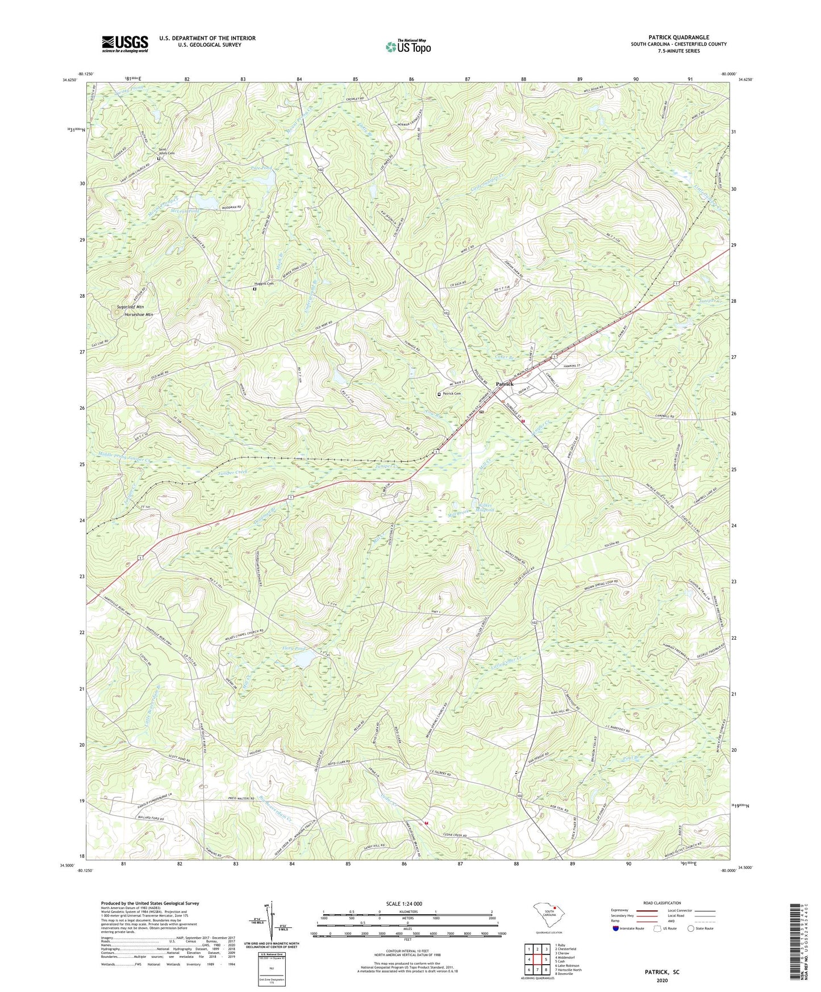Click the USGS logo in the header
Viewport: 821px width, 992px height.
(125, 44)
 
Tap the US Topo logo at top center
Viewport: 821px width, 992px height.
(407, 47)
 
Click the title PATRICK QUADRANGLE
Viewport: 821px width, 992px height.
(678, 37)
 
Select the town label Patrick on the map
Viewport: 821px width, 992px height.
(505, 384)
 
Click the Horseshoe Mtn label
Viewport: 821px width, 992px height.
(139, 314)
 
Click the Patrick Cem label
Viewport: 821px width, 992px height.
(452, 394)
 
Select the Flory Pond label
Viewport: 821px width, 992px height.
(294, 648)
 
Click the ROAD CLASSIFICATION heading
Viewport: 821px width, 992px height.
(662, 903)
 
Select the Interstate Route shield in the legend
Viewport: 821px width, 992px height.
(616, 929)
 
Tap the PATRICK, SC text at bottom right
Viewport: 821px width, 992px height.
(661, 972)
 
